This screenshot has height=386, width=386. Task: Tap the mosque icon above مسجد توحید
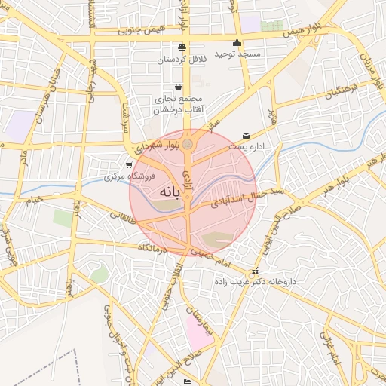tap(237, 43)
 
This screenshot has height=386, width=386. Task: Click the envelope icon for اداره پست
tap(246, 136)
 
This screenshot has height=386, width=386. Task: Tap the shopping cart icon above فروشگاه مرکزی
tap(130, 164)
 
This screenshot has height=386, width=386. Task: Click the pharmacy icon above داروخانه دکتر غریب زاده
tap(255, 271)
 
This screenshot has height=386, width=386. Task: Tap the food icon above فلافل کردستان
tap(181, 47)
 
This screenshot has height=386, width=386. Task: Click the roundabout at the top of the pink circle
tap(188, 143)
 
